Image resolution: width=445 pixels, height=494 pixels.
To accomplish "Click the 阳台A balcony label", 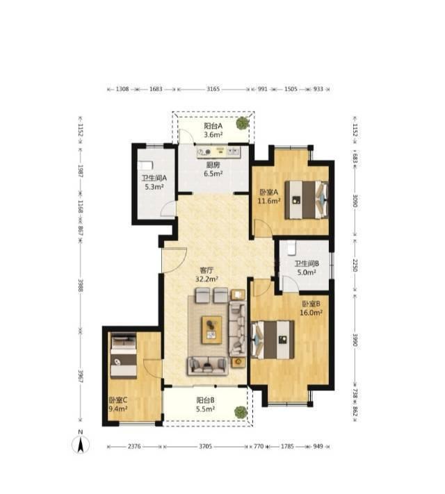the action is click(x=213, y=126).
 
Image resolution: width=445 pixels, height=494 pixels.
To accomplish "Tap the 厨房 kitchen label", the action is click(x=213, y=165).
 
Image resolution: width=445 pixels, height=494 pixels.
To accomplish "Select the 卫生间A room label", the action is click(x=154, y=178).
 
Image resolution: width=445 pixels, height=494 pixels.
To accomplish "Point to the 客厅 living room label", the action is click(x=207, y=270).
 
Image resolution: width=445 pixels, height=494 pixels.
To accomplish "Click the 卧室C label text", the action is click(x=118, y=400).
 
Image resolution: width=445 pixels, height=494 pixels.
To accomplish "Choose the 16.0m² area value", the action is click(x=311, y=313).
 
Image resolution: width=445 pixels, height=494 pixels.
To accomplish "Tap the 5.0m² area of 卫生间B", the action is click(x=307, y=272).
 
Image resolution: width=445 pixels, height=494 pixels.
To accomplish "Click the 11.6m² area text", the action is click(x=269, y=201).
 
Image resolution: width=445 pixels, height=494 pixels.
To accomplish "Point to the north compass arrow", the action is click(x=81, y=445).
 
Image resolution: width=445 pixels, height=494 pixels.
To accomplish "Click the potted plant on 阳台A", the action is click(x=242, y=123).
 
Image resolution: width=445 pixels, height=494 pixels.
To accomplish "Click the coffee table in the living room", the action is click(x=211, y=330).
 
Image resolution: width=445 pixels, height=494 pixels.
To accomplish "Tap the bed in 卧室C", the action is click(x=124, y=355).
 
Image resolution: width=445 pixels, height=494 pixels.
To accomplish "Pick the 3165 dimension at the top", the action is click(x=213, y=89).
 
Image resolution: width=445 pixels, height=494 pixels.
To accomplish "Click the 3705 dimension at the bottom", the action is click(x=205, y=447).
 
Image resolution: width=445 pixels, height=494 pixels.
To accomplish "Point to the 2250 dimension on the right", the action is click(x=355, y=265).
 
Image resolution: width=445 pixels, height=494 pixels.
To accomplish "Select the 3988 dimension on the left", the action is click(x=81, y=285).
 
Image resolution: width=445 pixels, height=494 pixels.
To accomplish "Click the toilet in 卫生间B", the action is click(x=291, y=247).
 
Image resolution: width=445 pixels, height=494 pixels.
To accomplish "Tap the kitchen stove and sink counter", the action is click(x=218, y=151).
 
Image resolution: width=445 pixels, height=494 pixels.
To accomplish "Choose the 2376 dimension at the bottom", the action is click(x=135, y=447).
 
